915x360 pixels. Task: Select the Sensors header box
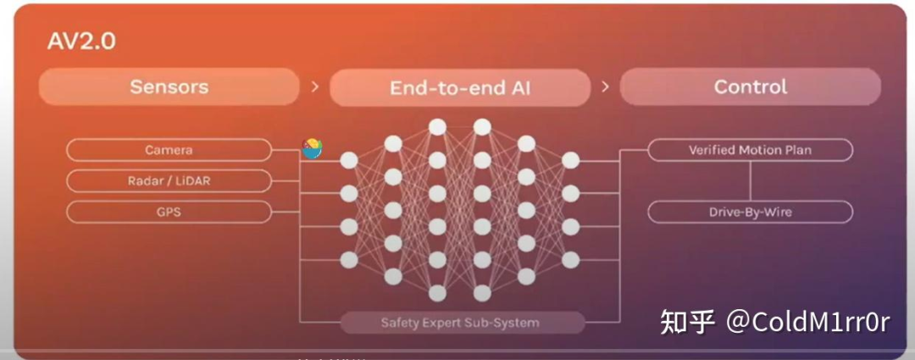pyautogui.click(x=169, y=86)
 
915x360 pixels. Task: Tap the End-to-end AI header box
pyautogui.click(x=459, y=87)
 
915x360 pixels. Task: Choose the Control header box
pyautogui.click(x=750, y=86)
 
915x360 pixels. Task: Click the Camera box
pyautogui.click(x=169, y=150)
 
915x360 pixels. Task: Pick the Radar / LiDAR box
pyautogui.click(x=169, y=180)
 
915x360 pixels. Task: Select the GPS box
pyautogui.click(x=169, y=211)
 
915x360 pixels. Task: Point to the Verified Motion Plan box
pyautogui.click(x=750, y=150)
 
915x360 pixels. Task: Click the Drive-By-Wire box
pyautogui.click(x=750, y=212)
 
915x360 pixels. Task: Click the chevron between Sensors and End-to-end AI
pyautogui.click(x=315, y=86)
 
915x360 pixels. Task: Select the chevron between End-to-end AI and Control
pyautogui.click(x=605, y=86)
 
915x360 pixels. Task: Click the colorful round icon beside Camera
pyautogui.click(x=312, y=148)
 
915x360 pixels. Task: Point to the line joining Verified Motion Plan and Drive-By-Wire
pyautogui.click(x=750, y=180)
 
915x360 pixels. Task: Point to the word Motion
pyautogui.click(x=760, y=150)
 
